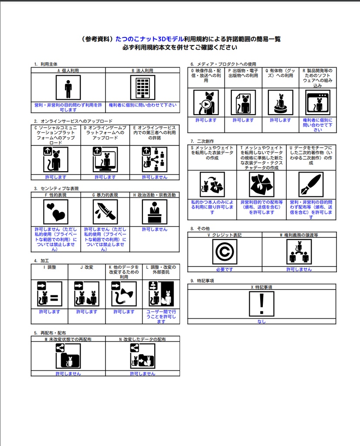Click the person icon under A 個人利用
click(x=68, y=88)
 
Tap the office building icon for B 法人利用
click(x=143, y=88)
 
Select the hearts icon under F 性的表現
click(x=56, y=212)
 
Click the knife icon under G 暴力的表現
click(x=105, y=212)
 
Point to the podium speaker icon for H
click(x=155, y=212)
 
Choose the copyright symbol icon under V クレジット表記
click(x=224, y=252)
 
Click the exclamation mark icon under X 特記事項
click(x=262, y=304)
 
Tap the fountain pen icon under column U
click(x=311, y=184)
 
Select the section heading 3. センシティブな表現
click(x=56, y=189)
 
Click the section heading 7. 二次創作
click(x=202, y=141)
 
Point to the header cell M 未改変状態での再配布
click(x=68, y=339)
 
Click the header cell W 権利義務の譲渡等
click(x=299, y=235)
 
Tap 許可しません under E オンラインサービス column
click(x=155, y=177)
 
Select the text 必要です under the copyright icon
click(x=224, y=269)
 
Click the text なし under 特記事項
click(x=262, y=321)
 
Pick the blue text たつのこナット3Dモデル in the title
click(x=149, y=39)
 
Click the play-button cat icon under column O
click(x=206, y=103)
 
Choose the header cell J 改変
click(x=87, y=267)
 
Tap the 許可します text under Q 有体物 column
click(x=280, y=120)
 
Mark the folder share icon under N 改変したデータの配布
click(x=143, y=356)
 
